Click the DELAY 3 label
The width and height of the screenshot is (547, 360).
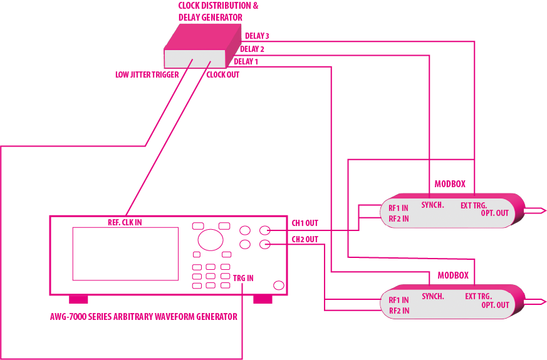pyautogui.click(x=257, y=36)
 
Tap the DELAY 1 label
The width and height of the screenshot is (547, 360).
pyautogui.click(x=246, y=61)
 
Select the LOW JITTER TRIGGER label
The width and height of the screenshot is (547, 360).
pyautogui.click(x=147, y=75)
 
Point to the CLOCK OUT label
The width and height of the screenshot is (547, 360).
pyautogui.click(x=222, y=75)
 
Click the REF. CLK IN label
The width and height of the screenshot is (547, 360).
pyautogui.click(x=125, y=222)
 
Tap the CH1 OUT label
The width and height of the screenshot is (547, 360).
pyautogui.click(x=305, y=223)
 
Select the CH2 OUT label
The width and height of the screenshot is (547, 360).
pyautogui.click(x=305, y=239)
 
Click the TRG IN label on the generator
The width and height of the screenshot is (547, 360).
pyautogui.click(x=243, y=278)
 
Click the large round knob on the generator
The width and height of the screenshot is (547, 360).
pyautogui.click(x=211, y=240)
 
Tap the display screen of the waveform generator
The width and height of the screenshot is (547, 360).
pyautogui.click(x=125, y=254)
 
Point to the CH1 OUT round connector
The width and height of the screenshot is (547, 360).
pyautogui.click(x=265, y=230)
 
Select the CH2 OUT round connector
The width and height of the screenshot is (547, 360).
pyautogui.click(x=265, y=245)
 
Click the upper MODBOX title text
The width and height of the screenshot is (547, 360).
pyautogui.click(x=450, y=184)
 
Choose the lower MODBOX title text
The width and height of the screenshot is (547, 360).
pyautogui.click(x=453, y=275)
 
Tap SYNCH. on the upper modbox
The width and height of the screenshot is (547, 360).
pyautogui.click(x=432, y=205)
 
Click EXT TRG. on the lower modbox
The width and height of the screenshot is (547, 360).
pyautogui.click(x=478, y=296)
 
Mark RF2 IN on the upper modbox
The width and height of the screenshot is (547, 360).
pyautogui.click(x=399, y=219)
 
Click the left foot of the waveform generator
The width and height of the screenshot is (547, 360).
pyautogui.click(x=78, y=299)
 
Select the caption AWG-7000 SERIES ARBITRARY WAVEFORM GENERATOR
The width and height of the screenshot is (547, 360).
pyautogui.click(x=143, y=317)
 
